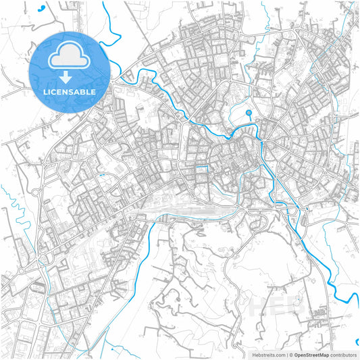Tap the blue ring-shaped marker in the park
249,113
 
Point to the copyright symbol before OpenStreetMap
290,354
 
